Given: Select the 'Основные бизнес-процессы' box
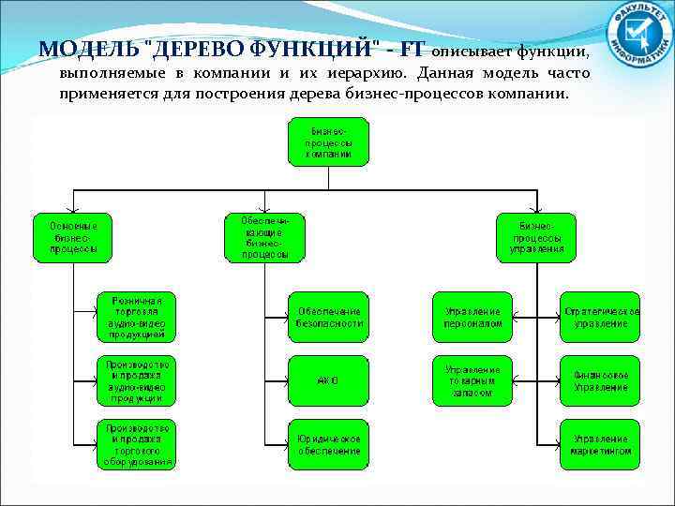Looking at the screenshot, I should [73, 238].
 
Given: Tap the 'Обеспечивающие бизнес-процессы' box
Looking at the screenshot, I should [264, 236].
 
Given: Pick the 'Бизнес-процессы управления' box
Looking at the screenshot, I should [536, 238].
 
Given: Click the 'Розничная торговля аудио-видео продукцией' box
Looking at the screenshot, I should [136, 316].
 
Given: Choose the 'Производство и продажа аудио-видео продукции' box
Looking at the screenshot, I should [136, 380].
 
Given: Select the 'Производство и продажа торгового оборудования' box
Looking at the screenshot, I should [136, 443].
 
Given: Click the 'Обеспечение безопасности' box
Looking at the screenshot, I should [329, 316].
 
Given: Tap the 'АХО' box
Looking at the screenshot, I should [329, 380].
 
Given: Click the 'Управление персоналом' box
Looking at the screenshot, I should [473, 316].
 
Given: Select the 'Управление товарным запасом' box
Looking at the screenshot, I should [473, 380].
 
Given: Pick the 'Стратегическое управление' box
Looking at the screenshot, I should [601, 316].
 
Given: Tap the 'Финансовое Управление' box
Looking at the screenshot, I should [601, 380].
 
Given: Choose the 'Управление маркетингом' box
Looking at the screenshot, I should [601, 443].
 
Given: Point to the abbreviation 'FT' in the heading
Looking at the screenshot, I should [413, 49].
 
